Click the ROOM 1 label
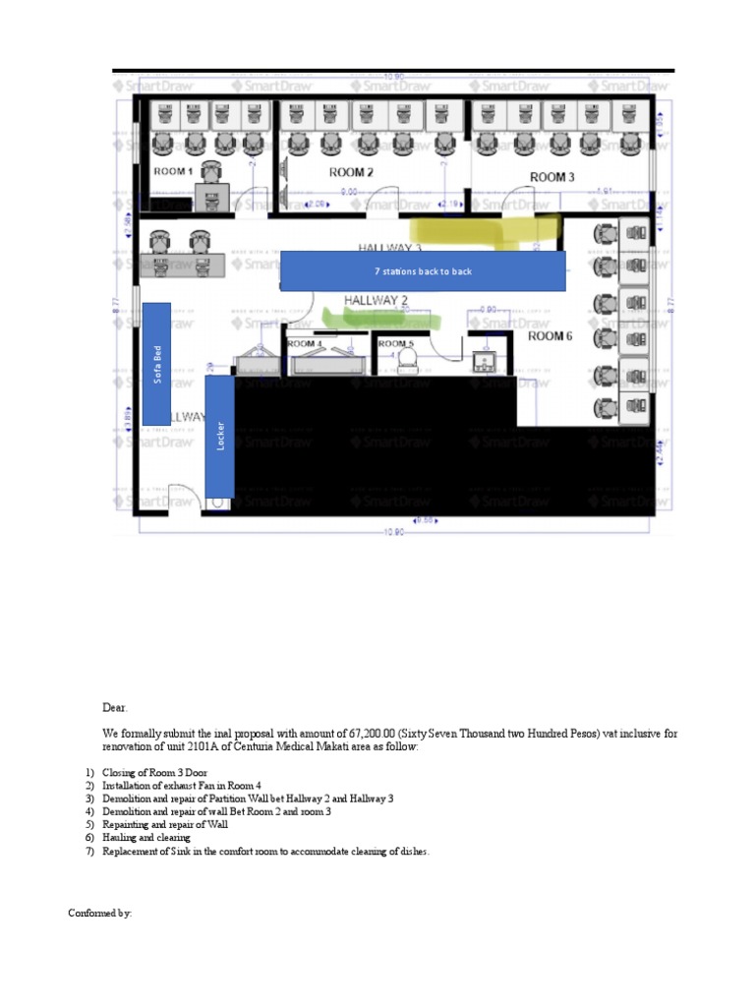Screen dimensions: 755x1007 [173, 171]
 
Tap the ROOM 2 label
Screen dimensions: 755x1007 [351, 172]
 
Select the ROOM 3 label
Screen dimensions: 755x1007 [552, 177]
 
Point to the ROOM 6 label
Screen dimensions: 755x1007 [551, 336]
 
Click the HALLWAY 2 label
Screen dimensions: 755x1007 [376, 299]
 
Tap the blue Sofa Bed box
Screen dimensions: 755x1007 [156, 363]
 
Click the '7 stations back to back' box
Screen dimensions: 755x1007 [423, 270]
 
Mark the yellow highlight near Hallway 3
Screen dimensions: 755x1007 [492, 230]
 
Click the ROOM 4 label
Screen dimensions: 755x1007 [303, 344]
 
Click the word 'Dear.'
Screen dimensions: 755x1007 [115, 707]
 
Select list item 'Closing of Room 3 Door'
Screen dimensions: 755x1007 [151, 774]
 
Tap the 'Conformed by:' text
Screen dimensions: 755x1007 [99, 914]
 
